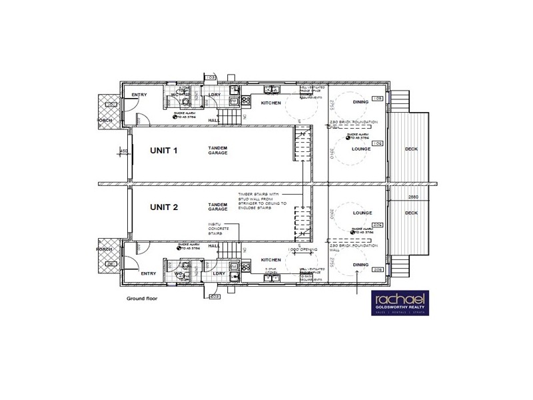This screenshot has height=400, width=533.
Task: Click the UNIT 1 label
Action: [163, 151]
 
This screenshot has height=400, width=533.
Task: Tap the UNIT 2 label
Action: [163, 207]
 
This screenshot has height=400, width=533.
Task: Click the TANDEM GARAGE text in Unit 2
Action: [218, 207]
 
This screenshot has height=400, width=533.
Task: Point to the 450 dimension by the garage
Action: [123, 151]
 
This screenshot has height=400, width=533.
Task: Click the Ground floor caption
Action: [141, 299]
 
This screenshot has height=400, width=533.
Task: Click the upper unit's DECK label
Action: [411, 149]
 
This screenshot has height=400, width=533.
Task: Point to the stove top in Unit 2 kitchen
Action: [245, 267]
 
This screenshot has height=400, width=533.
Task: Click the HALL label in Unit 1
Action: [214, 120]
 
